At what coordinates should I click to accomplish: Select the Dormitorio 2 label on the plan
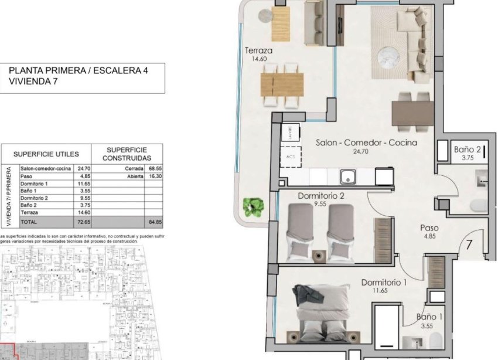(320, 196)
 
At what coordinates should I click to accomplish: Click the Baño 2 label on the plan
(468, 150)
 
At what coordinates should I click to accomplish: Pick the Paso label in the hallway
(430, 228)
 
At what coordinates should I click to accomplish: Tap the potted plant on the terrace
(254, 206)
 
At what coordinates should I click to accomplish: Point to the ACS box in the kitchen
(291, 157)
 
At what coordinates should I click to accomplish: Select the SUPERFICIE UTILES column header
(46, 154)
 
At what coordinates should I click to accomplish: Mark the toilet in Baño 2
(479, 205)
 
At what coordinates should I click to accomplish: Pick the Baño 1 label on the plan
(429, 317)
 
